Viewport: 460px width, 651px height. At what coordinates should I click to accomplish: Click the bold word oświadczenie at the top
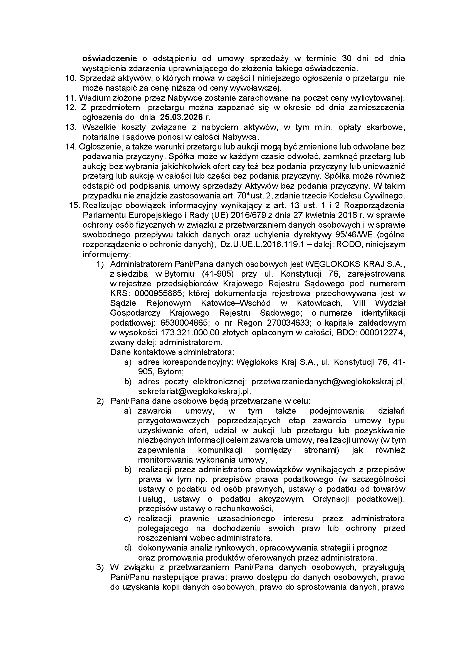coord(109,59)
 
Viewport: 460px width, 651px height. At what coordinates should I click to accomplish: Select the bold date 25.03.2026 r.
coord(186,117)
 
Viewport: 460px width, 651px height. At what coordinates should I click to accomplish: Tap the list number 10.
coord(71,78)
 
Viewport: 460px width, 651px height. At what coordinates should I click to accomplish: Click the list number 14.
coord(71,147)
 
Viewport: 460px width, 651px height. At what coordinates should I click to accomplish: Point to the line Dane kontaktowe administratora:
coord(172,352)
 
